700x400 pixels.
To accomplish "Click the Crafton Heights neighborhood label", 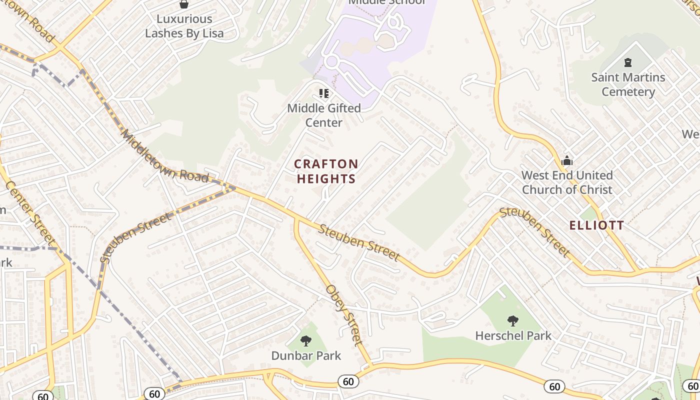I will click(326, 171).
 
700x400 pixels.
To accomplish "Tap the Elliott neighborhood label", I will click(596, 225).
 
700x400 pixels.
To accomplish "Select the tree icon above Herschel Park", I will click(512, 320).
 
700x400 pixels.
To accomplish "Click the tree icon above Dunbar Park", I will click(306, 341).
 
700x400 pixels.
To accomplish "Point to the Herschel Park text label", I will click(513, 335).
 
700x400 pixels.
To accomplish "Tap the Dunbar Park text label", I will click(306, 355).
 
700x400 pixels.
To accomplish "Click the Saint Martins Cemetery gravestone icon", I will click(627, 62).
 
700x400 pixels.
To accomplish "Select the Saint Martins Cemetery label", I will click(628, 84).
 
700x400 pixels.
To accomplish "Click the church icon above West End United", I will click(566, 160).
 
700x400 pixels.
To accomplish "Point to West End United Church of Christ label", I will click(567, 182).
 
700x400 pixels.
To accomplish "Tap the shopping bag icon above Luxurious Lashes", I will click(184, 4).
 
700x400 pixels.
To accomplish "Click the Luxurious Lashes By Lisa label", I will click(184, 26).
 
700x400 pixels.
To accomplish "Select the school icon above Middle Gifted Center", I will click(324, 93).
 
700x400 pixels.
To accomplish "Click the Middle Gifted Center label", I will click(324, 115).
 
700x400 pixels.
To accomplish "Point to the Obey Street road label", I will click(343, 315).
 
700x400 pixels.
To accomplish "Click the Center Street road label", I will click(30, 209).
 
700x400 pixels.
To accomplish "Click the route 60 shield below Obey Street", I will click(348, 382).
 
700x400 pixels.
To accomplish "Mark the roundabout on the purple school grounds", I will click(331, 62).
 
